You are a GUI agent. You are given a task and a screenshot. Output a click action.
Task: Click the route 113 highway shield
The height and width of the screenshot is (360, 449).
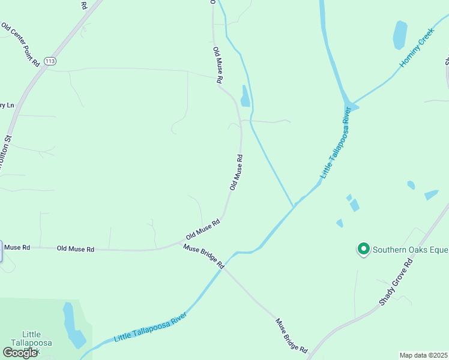[x=50, y=61]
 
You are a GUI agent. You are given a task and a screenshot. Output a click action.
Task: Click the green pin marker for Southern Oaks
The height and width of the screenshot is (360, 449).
[x=363, y=248]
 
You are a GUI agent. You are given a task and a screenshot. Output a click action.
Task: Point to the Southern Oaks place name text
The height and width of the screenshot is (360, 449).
[x=410, y=250]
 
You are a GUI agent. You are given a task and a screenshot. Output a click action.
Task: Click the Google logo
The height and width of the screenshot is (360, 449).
[x=20, y=353]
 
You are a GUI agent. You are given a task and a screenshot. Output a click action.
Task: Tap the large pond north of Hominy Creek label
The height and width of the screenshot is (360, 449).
[x=400, y=35]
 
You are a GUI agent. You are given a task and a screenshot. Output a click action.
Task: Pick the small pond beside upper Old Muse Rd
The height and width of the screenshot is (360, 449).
[x=245, y=96]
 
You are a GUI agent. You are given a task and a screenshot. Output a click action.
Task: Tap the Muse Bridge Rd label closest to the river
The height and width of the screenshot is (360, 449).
[x=204, y=256]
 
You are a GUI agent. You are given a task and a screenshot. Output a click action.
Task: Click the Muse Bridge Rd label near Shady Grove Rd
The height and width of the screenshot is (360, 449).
[x=291, y=335]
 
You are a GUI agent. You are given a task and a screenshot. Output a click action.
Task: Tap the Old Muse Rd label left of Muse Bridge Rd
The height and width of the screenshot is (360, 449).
[x=76, y=248]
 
